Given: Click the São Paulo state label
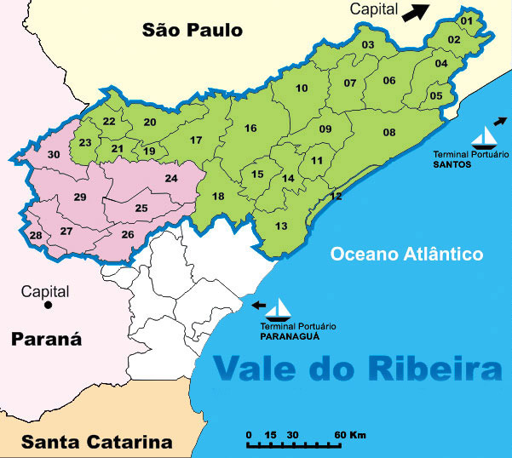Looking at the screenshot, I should click(193, 31).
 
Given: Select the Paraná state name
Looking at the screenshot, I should click(46, 340).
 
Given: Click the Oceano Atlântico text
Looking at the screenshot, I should click(406, 254).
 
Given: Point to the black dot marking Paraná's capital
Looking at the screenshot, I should click(49, 304).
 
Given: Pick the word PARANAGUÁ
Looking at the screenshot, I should click(298, 335).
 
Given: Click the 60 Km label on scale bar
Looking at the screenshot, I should click(351, 435).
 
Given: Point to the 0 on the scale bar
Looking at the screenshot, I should click(249, 435).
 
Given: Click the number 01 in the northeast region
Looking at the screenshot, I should click(467, 20).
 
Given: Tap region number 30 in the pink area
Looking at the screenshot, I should click(54, 154).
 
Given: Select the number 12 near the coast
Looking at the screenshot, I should click(336, 196).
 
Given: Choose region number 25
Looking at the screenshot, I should click(141, 208).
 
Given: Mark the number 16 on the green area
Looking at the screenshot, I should click(250, 129).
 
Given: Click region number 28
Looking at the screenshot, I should click(35, 236).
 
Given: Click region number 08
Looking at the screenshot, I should click(389, 132).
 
